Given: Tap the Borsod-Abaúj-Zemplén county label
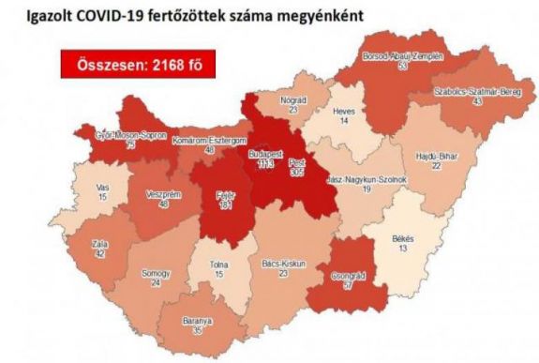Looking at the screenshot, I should (x=403, y=55).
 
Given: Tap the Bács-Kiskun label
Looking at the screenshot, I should (x=283, y=265).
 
